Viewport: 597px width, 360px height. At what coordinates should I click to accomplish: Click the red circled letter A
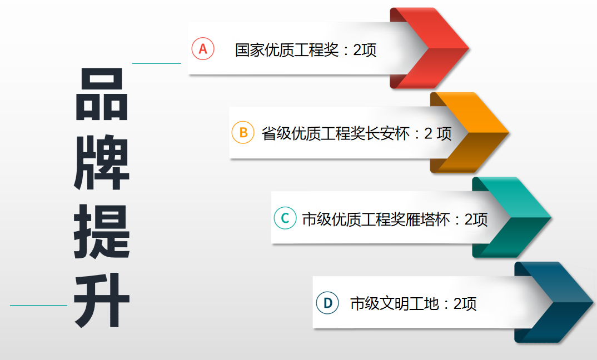(203, 49)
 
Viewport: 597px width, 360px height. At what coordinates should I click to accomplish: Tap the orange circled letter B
(243, 133)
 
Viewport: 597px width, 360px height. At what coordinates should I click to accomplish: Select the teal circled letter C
(285, 218)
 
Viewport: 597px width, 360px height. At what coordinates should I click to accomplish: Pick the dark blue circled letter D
(327, 303)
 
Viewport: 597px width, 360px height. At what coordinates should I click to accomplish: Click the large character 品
(102, 94)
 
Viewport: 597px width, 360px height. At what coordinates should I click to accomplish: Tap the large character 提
(102, 232)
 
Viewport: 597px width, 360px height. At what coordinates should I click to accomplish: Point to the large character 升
(102, 301)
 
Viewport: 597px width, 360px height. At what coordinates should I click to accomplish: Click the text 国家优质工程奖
(286, 50)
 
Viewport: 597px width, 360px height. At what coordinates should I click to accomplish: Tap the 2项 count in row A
(365, 50)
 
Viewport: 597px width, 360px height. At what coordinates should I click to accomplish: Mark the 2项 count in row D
(465, 304)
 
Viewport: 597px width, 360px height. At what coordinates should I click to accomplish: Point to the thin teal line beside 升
(38, 306)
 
